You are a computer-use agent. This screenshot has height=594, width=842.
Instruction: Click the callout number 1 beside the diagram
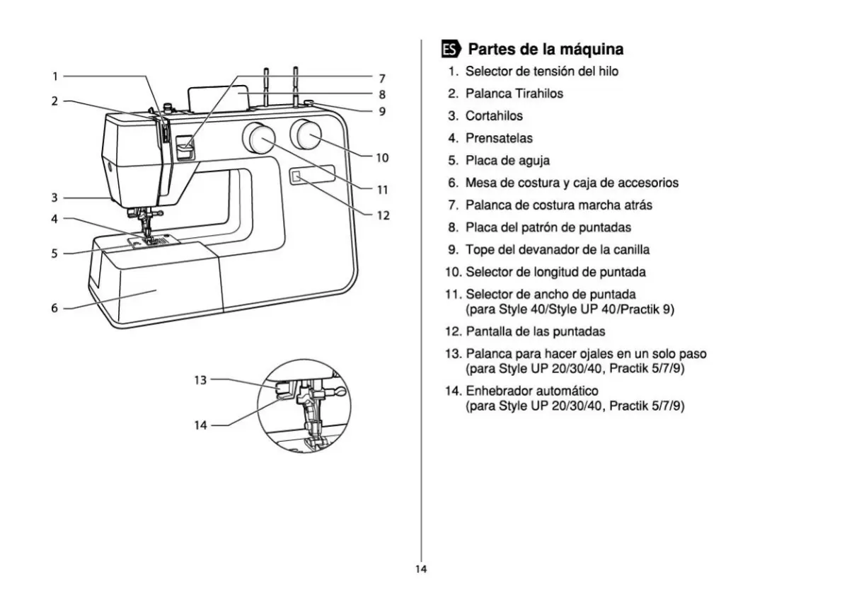pos(54,76)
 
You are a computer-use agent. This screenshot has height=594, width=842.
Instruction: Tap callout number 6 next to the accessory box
pos(54,308)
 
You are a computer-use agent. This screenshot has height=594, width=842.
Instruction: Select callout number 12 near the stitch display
pos(383,215)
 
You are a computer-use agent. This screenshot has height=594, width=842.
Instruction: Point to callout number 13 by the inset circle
pos(200,380)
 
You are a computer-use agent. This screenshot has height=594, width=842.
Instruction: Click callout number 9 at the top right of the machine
pos(382,111)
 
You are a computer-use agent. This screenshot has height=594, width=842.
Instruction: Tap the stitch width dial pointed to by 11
pos(258,137)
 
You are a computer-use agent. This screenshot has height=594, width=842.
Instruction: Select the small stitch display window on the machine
pos(296,176)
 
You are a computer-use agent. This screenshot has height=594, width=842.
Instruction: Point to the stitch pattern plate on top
pos(218,98)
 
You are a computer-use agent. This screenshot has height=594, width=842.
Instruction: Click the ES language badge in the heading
pos(451,50)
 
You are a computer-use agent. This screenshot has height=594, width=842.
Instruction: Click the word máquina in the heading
pos(592,50)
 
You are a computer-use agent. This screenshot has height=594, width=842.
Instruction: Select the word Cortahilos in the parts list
pos(494,116)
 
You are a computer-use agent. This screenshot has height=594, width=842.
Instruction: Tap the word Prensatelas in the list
pos(499,138)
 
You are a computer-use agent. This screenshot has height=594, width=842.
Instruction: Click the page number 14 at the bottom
pos(421,569)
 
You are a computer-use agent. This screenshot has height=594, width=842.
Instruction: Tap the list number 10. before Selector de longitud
pos(454,273)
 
